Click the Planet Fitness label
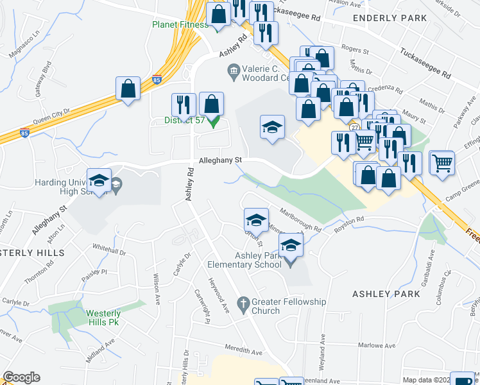pos(180,24)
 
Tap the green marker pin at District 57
pos(214,121)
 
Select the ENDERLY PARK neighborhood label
pos(390,19)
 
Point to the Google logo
pos(21,377)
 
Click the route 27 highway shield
pos(354,128)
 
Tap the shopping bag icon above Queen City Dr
pos(128,89)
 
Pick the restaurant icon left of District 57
pos(184,105)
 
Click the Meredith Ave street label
pos(244,352)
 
